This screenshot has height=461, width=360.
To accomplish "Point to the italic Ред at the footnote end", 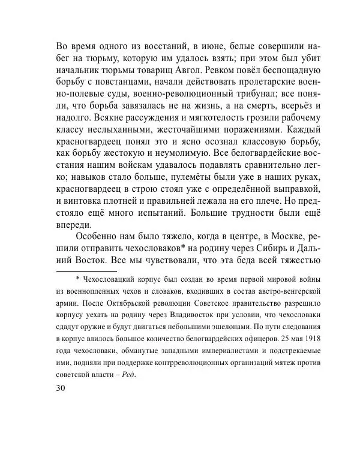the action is (x=127, y=376).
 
